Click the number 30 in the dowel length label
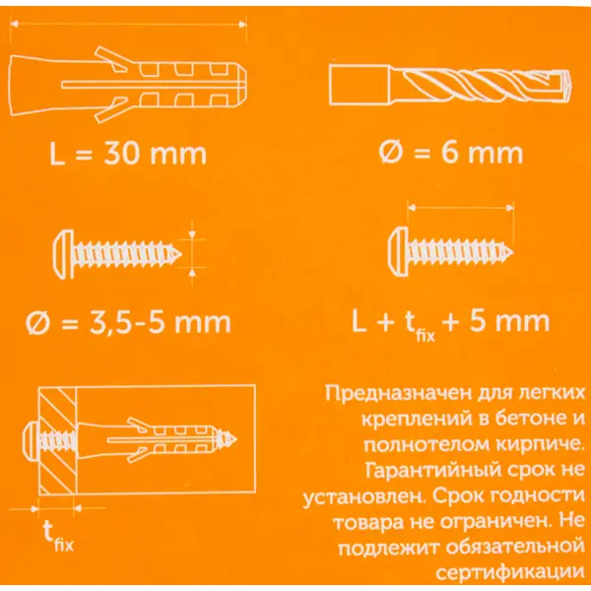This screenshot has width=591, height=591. [x=120, y=154]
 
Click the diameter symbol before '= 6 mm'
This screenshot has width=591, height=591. [x=390, y=153]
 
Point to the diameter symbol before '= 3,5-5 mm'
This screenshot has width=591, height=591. [x=37, y=323]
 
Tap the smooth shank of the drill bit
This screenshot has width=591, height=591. [x=359, y=85]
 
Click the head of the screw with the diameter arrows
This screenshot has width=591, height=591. [x=63, y=254]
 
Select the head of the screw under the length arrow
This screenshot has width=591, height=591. [x=398, y=252]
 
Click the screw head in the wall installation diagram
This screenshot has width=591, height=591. [x=32, y=440]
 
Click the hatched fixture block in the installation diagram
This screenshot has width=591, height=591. [x=58, y=440]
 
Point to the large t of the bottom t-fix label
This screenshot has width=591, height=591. [x=48, y=531]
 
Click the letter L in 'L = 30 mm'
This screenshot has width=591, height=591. [x=56, y=154]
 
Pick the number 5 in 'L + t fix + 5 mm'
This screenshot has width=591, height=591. [x=477, y=321]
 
